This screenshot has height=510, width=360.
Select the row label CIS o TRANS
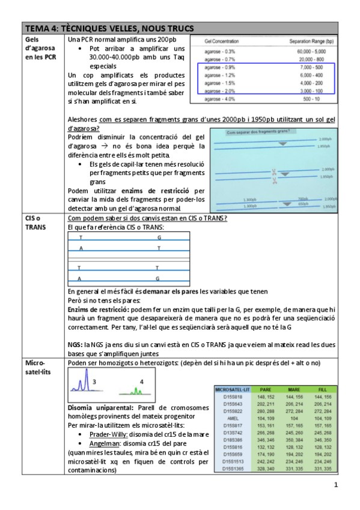coord(34,222)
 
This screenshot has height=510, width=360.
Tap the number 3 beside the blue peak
coord(94,382)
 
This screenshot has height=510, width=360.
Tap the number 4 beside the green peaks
coord(141,382)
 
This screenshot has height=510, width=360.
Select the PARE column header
coord(265,390)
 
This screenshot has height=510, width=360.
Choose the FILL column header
coord(323,390)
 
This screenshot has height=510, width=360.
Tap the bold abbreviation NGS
coord(76,345)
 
